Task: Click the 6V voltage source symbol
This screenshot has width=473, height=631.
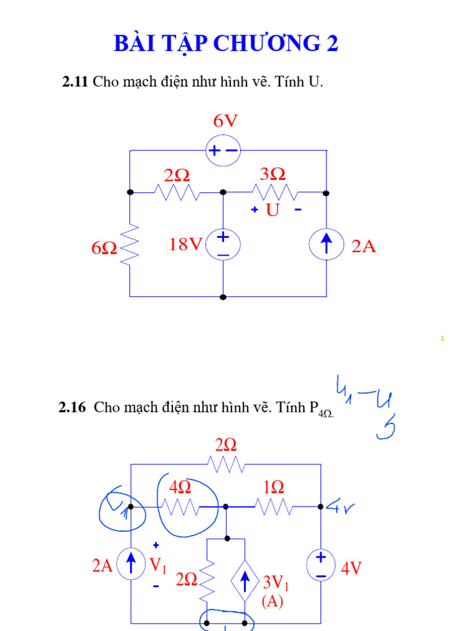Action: tap(222, 150)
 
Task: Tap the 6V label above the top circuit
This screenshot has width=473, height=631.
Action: tap(225, 121)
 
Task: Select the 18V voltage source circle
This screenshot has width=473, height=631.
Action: tap(222, 245)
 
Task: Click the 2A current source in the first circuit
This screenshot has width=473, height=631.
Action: tap(326, 245)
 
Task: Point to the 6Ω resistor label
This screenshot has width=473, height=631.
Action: tap(104, 248)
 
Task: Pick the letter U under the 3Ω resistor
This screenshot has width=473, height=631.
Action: tap(272, 211)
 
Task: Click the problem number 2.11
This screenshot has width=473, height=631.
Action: tap(76, 81)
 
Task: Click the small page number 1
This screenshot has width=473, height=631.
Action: tap(442, 338)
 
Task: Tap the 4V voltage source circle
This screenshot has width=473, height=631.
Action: tap(321, 566)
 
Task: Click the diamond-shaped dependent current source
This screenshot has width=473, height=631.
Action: tap(245, 581)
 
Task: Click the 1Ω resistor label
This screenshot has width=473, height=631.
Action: tap(273, 487)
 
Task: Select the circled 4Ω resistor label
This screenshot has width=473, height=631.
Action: tap(180, 487)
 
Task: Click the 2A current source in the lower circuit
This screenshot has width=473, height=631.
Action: tap(131, 565)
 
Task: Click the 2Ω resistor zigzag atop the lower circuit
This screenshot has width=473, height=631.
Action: tap(226, 465)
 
